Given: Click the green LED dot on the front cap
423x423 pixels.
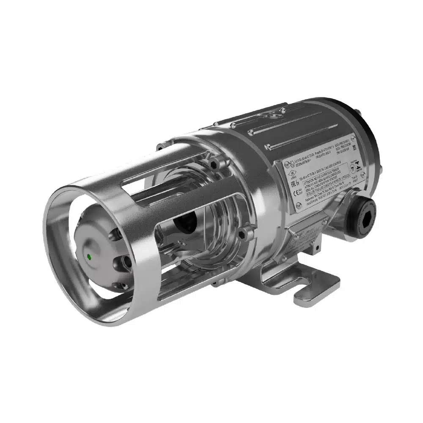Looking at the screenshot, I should point(89,256).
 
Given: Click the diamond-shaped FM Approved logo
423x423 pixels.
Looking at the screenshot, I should point(292,173).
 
